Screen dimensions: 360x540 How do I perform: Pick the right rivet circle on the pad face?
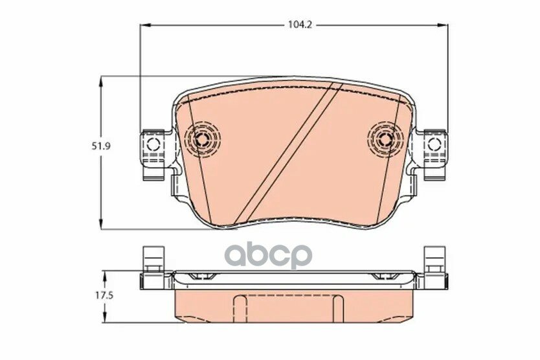pos(385,138)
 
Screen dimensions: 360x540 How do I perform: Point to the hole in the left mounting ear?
pos(153,144)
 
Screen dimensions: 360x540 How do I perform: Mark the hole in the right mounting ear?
pos(434,144)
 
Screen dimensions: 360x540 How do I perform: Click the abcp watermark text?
pos(267,254)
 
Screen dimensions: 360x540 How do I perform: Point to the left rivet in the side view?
pos(203,277)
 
